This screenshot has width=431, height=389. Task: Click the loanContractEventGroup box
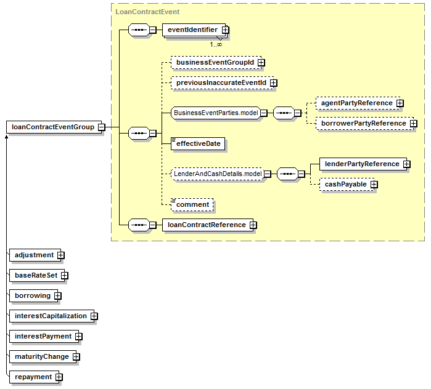[53, 127]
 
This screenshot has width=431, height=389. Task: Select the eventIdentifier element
[192, 29]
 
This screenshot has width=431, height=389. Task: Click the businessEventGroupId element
[215, 62]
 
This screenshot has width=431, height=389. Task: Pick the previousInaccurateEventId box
[221, 82]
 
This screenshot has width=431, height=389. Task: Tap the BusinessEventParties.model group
[215, 113]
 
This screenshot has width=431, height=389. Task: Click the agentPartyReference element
[356, 103]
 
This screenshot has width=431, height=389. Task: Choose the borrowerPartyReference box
[363, 123]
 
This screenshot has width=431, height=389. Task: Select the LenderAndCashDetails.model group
[218, 174]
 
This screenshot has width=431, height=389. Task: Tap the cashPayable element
[345, 184]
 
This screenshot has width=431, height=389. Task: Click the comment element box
[193, 204]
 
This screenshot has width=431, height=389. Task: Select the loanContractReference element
[207, 225]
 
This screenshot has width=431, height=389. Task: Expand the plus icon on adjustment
[60, 255]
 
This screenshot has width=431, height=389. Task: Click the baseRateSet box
[35, 275]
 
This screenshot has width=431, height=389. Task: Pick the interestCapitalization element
[51, 316]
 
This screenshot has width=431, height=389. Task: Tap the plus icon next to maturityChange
[76, 356]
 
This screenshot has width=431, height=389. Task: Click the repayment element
[33, 377]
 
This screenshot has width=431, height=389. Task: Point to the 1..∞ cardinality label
[216, 44]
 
